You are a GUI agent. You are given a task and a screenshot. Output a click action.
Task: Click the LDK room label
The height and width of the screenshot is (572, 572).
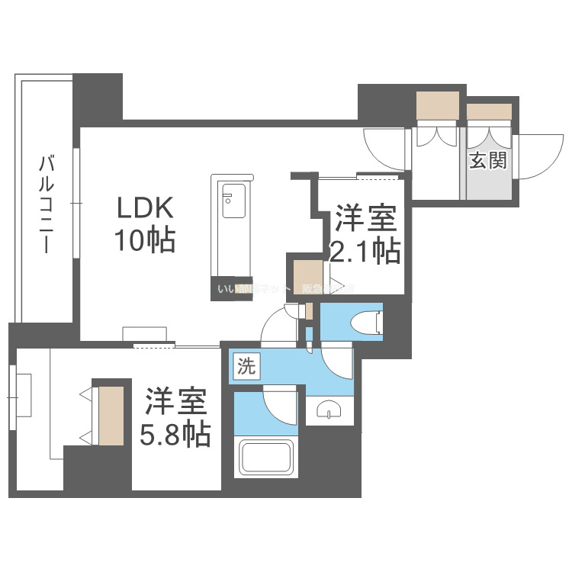click(146, 208)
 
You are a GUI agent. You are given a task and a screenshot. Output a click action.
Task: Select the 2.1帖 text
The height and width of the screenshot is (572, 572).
click(364, 250)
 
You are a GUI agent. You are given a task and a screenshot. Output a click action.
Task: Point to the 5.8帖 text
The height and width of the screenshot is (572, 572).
click(175, 434)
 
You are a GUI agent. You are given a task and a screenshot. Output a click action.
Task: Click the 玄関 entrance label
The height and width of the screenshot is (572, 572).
click(488, 161)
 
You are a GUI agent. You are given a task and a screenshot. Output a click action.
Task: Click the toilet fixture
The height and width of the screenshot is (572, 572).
click(365, 322)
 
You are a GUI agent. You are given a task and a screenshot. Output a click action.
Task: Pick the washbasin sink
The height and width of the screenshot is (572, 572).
click(329, 410)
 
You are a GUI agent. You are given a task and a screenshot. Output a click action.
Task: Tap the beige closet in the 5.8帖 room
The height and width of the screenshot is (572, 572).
click(109, 415)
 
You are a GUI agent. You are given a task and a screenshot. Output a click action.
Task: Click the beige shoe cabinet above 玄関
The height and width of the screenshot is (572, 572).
click(489, 111)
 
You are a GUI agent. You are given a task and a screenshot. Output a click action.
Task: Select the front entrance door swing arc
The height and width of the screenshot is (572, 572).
click(538, 156)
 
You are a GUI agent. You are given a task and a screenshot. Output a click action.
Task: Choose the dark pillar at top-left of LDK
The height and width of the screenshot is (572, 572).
click(98, 97)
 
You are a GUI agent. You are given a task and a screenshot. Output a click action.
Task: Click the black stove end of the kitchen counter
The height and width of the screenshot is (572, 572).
click(230, 288)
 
